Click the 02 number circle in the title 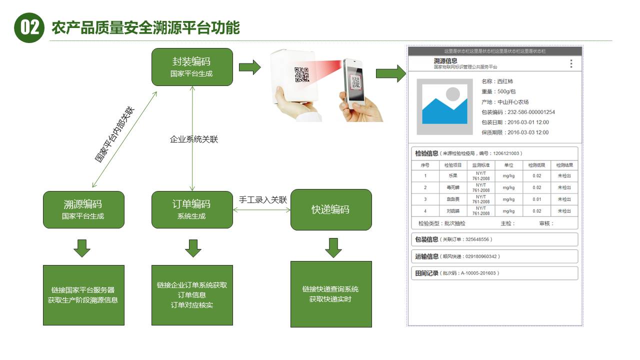29,27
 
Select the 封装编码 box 192,66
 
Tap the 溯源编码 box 83,209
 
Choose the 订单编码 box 192,209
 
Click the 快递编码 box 331,209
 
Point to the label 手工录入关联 263,199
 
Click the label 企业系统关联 194,139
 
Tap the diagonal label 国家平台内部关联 114,134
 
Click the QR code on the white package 301,74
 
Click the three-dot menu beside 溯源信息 571,63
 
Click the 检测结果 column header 564,165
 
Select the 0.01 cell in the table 536,199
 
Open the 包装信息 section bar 494,239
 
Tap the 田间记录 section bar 494,273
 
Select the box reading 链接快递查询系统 331,294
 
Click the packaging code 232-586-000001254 526,112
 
